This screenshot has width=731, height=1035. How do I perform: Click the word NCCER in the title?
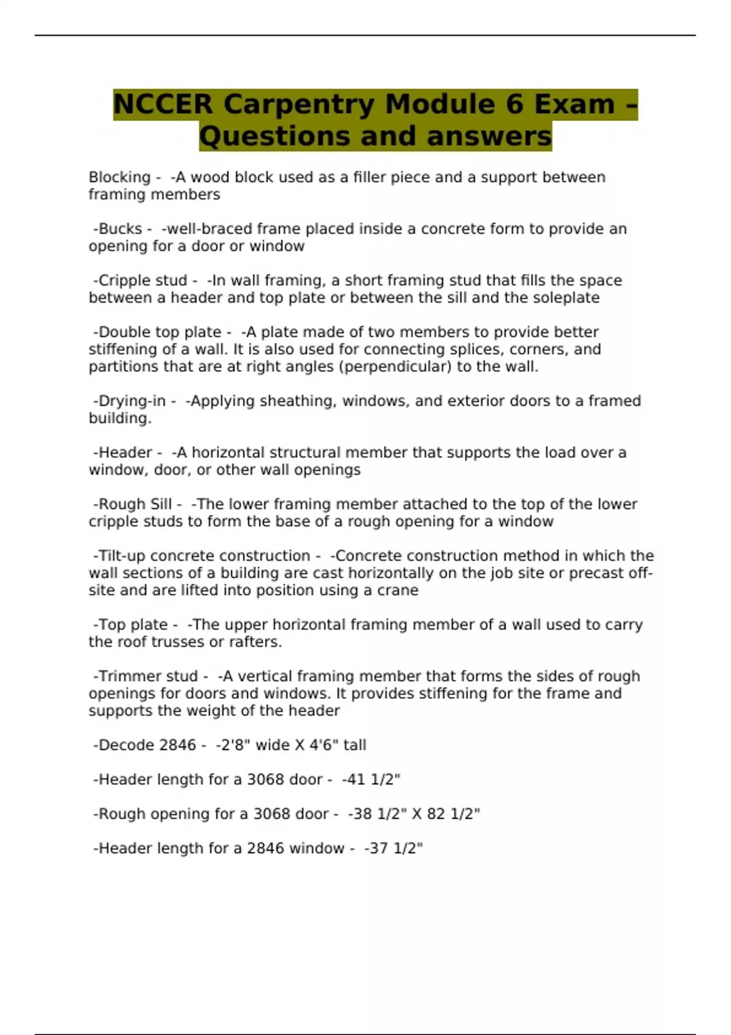click(x=163, y=104)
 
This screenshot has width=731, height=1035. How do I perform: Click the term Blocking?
click(x=119, y=177)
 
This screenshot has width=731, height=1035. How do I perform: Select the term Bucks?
click(x=120, y=229)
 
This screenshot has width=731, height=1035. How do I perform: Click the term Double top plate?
click(x=160, y=332)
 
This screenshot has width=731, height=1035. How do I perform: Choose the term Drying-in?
click(x=132, y=401)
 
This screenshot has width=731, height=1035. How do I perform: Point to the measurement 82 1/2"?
click(x=453, y=814)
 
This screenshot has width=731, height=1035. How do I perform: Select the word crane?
click(x=397, y=591)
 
